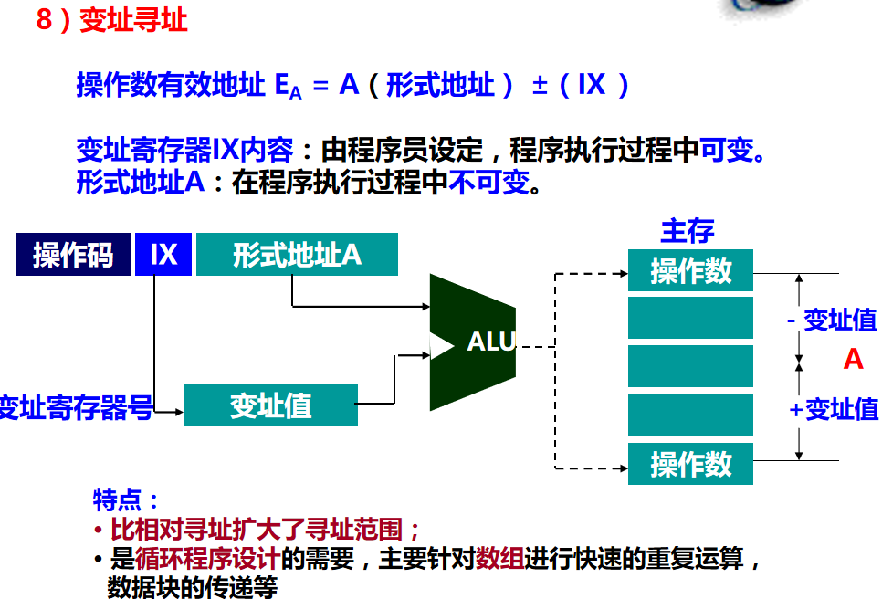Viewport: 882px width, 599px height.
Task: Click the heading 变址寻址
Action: (x=133, y=20)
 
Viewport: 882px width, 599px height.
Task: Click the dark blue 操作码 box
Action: (x=73, y=255)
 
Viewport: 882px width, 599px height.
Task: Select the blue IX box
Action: (x=163, y=255)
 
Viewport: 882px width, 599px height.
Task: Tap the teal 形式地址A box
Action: (x=297, y=255)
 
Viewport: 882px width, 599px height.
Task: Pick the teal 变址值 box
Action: (x=270, y=405)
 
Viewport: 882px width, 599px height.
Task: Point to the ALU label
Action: (x=491, y=342)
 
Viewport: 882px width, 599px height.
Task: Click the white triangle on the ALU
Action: (x=441, y=345)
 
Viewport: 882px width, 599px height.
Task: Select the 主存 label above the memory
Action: (x=688, y=231)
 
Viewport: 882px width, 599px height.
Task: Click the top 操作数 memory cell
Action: (x=690, y=271)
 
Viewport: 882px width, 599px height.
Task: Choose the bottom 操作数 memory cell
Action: (x=690, y=464)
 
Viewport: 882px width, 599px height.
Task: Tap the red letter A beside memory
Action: (x=853, y=360)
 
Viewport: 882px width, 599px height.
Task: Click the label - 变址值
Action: (x=831, y=320)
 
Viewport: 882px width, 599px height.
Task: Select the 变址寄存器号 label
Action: (x=75, y=407)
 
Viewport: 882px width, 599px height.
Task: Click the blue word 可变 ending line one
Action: (x=727, y=149)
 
